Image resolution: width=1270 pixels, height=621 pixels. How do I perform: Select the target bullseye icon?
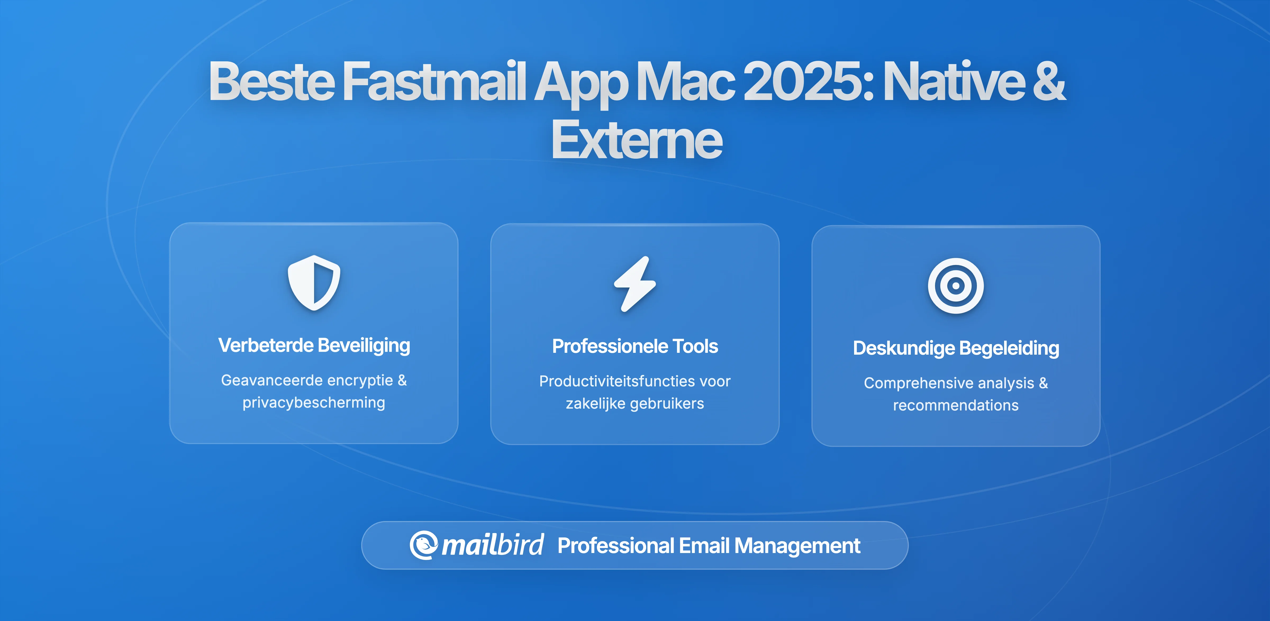tap(955, 286)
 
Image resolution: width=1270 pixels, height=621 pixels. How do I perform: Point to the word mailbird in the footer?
tap(492, 545)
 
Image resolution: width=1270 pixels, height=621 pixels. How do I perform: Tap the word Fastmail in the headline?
tap(434, 81)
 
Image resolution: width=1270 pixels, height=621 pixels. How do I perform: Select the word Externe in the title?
tap(637, 140)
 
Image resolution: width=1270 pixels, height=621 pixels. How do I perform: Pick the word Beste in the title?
tap(272, 81)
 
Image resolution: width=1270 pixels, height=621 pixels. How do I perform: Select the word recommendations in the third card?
tap(955, 405)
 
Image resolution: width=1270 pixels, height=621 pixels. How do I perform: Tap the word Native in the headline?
tap(954, 81)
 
